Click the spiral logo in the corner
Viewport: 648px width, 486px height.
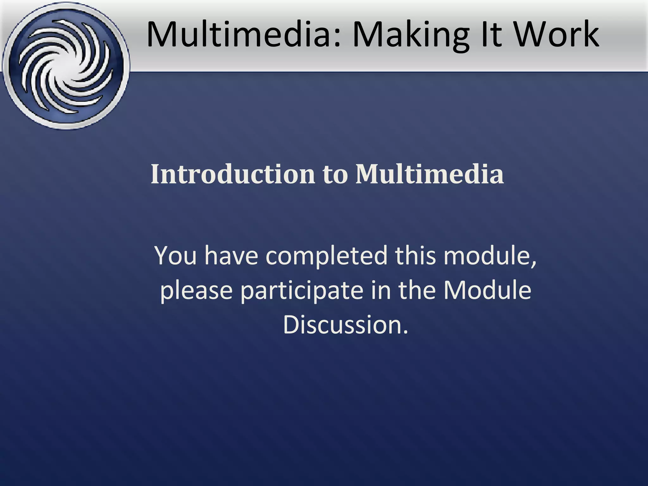pos(66,66)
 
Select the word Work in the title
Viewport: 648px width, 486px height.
pos(557,34)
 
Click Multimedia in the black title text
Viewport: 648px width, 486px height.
pos(244,34)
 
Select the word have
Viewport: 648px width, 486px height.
pos(233,255)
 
